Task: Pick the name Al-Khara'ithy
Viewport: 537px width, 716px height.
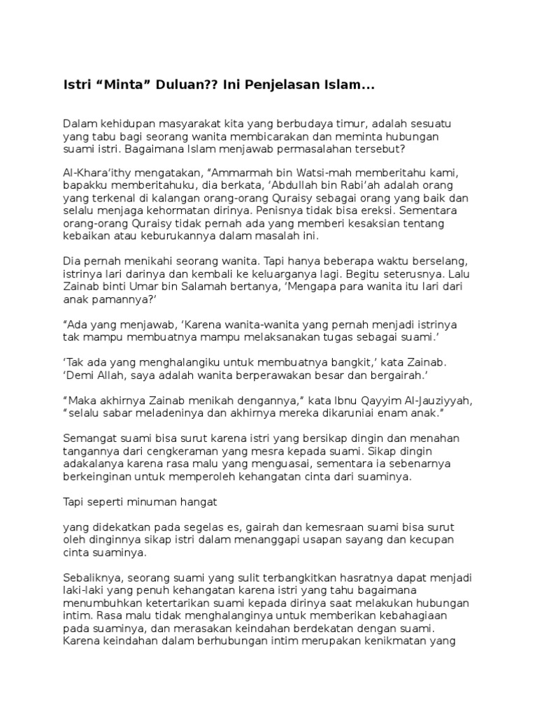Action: (96, 173)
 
